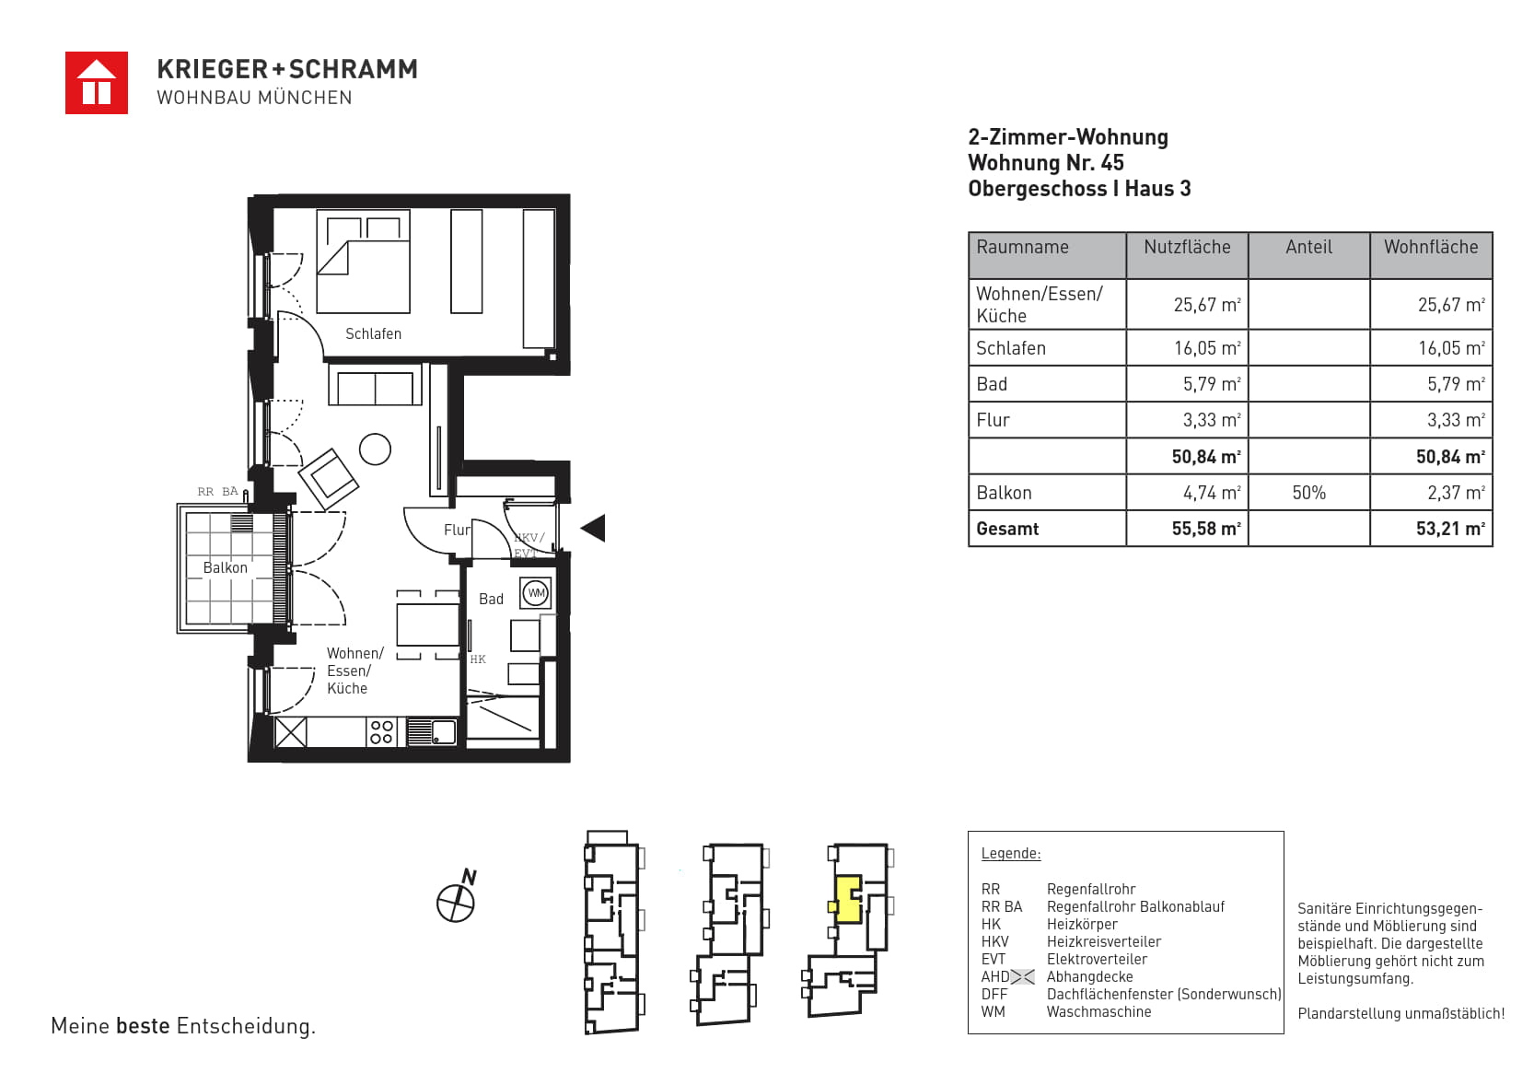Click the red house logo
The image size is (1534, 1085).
97,83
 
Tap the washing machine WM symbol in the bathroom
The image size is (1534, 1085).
536,593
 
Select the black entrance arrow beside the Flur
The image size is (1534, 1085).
593,528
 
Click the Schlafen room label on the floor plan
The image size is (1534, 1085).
373,333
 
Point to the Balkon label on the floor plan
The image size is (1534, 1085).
226,568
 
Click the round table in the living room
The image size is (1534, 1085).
376,450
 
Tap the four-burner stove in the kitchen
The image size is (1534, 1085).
381,732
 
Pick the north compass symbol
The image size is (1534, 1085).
457,897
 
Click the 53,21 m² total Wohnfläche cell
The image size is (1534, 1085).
1450,529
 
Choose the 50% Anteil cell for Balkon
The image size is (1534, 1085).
1308,493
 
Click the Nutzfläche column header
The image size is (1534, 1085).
1187,247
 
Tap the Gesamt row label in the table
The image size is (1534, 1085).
1007,529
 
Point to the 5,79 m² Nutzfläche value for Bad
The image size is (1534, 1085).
1212,383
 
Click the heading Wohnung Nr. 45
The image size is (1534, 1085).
1046,163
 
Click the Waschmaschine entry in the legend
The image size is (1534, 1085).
1098,1011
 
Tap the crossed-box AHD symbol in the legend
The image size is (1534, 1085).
1022,976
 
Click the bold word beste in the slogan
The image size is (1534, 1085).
143,1025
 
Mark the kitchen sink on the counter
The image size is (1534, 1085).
432,731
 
